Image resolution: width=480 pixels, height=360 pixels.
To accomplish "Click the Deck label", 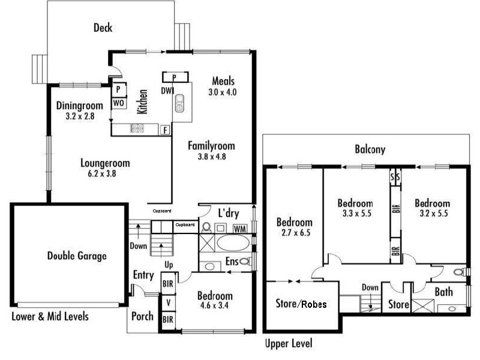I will [103, 28].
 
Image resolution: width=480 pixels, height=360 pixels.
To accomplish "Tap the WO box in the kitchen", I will [119, 103].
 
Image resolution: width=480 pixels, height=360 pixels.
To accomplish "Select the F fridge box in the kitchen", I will [164, 129].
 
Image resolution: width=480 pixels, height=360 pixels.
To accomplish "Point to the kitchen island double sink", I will [180, 106].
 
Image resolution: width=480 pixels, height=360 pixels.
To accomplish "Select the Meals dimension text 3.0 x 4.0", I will [223, 92].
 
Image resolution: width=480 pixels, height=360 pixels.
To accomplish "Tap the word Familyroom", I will [211, 145].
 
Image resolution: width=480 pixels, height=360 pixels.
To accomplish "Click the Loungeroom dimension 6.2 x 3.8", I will [105, 174].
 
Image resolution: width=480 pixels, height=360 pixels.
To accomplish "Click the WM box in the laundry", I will [240, 229].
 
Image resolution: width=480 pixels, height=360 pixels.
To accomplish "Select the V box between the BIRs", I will [167, 301].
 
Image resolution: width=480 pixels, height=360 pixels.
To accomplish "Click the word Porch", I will [142, 316].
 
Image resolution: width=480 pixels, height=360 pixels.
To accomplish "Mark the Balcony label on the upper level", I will [370, 150].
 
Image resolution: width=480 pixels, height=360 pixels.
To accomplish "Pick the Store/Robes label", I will [301, 304].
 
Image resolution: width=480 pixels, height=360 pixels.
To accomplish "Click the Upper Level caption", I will [288, 344].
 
